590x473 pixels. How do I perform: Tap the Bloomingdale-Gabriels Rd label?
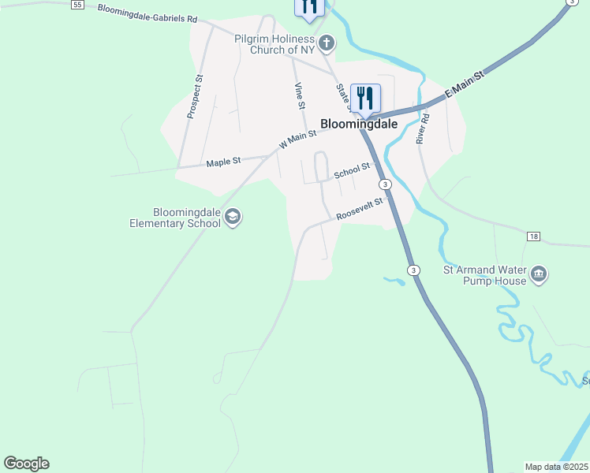(x=147, y=13)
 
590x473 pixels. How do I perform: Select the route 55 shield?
(x=77, y=5)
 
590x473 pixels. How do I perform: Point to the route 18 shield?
(x=533, y=236)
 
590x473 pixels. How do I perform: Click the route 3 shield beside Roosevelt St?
(x=384, y=184)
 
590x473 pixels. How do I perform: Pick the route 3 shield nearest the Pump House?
(x=413, y=270)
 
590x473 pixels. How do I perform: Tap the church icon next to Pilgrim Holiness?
(x=326, y=43)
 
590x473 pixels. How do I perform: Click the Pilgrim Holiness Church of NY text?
(x=274, y=44)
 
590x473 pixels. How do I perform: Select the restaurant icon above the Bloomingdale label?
(x=364, y=98)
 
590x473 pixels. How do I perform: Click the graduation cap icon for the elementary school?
(x=233, y=216)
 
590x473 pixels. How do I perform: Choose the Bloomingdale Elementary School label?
(x=175, y=218)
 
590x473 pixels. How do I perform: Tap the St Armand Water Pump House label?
(x=484, y=274)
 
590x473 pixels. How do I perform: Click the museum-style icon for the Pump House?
(x=539, y=274)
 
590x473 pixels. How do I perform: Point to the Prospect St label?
(x=193, y=96)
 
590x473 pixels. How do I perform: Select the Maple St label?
(x=223, y=162)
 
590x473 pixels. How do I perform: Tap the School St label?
(x=352, y=170)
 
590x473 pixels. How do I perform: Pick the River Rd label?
(x=424, y=128)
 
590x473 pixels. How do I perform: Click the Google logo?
(x=26, y=464)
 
